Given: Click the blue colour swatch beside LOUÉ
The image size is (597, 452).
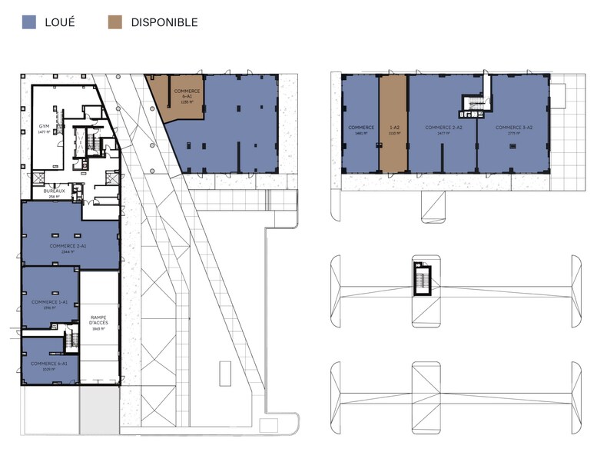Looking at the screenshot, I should (x=29, y=22).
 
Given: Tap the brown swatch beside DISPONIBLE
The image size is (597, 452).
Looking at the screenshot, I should (x=115, y=22).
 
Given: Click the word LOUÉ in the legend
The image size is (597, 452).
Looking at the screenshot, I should (x=60, y=22).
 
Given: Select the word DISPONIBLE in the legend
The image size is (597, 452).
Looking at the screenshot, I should (x=164, y=22).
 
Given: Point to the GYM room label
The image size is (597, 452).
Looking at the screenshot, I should (x=44, y=126).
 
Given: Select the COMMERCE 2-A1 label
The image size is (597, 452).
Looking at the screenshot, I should (x=68, y=246).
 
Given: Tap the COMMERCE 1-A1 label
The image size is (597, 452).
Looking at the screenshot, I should (x=50, y=302).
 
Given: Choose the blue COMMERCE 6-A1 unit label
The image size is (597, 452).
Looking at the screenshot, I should (x=50, y=363).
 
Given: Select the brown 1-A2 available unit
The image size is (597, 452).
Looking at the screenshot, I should (x=393, y=127).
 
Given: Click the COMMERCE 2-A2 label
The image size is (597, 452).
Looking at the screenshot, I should (x=443, y=127).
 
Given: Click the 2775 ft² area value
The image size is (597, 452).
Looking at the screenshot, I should (x=512, y=133).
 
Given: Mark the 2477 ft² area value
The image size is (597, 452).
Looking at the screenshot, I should (x=443, y=133).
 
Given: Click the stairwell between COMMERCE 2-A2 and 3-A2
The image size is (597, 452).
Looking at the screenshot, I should (x=470, y=102).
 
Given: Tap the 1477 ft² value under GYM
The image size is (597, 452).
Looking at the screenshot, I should (x=43, y=132).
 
